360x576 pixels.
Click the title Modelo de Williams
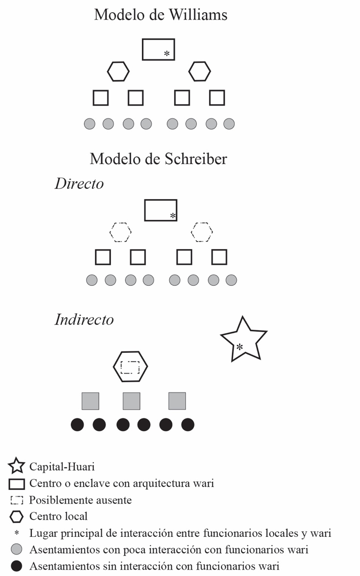click(x=160, y=15)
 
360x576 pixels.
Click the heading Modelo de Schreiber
click(x=158, y=159)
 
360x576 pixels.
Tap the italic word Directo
click(x=79, y=184)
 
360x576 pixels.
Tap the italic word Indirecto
click(x=84, y=320)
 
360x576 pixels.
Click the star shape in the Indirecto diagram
click(x=243, y=339)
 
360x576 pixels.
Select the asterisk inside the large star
click(x=240, y=347)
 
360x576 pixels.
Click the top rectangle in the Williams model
click(x=158, y=49)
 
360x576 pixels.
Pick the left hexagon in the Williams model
click(x=118, y=71)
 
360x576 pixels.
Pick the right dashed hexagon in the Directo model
click(x=202, y=232)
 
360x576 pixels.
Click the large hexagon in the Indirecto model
click(x=130, y=366)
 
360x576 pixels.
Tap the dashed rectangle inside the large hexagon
click(x=130, y=367)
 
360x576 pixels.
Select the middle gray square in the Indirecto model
click(x=132, y=401)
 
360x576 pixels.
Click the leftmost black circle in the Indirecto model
click(x=78, y=425)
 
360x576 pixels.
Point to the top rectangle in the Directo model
click(x=160, y=210)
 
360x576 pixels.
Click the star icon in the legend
click(x=17, y=465)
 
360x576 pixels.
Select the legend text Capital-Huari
click(x=62, y=466)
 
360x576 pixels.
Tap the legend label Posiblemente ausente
click(x=80, y=500)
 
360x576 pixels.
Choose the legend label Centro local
click(x=58, y=516)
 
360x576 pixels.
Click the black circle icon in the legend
click(x=17, y=567)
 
